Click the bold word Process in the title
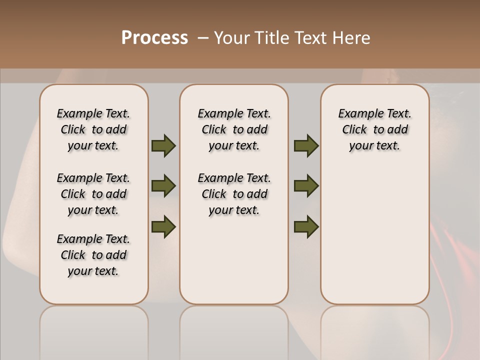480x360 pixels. (x=154, y=38)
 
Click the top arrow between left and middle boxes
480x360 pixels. (x=163, y=146)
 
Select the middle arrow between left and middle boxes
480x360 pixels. (x=163, y=186)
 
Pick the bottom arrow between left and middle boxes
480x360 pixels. (x=163, y=227)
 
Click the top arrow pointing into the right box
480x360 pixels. (x=306, y=146)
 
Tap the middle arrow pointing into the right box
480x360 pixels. (x=306, y=186)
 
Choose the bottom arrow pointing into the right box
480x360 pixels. (x=306, y=227)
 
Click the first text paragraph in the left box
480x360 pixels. (x=93, y=129)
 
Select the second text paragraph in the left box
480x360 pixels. (x=93, y=194)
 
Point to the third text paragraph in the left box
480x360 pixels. (x=93, y=255)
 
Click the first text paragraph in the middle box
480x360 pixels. (x=234, y=129)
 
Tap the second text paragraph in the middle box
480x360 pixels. (x=234, y=194)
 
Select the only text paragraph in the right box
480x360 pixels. (x=374, y=129)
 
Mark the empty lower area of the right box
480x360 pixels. (x=374, y=235)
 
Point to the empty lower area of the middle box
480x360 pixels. (x=234, y=260)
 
